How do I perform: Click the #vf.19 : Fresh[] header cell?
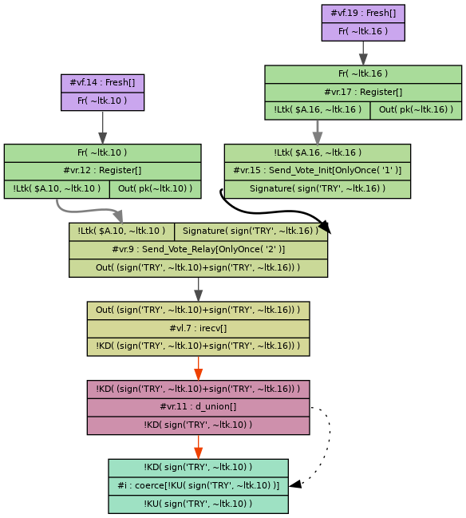tap(363, 14)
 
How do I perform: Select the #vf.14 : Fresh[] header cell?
tap(102, 83)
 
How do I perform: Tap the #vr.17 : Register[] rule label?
tap(363, 92)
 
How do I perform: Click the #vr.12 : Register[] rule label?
tap(102, 170)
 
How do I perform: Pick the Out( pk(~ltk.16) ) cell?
tap(416, 110)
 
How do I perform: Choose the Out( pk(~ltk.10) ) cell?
tap(155, 188)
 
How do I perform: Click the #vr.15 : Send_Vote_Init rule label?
tap(317, 171)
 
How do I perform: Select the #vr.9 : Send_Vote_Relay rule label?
tap(198, 250)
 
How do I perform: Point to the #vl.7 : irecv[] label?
tap(198, 328)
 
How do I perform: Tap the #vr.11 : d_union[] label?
tap(198, 407)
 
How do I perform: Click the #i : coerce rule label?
tap(198, 485)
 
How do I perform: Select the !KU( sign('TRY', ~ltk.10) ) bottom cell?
tap(198, 504)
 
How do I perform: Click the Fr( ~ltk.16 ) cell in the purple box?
tap(363, 31)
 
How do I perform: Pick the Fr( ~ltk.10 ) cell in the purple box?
tap(102, 101)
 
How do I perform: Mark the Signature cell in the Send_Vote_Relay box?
tap(251, 231)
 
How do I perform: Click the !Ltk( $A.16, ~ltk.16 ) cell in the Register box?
tap(318, 110)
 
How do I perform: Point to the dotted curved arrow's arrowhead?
tap(294, 484)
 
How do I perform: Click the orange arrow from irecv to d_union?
tap(198, 368)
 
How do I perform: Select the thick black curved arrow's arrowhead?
tap(325, 228)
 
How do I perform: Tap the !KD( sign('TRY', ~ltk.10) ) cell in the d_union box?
tap(198, 425)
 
